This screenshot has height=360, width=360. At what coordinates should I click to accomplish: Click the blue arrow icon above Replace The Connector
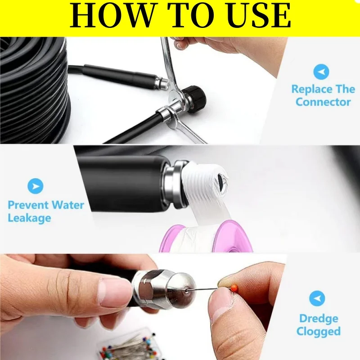coord(321,72)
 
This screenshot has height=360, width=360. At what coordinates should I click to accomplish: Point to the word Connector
coord(323,102)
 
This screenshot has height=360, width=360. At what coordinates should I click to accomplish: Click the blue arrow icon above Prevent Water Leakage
coord(36,186)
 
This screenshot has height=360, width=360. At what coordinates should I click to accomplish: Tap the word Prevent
coord(28,205)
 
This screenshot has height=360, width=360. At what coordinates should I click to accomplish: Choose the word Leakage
coord(29,218)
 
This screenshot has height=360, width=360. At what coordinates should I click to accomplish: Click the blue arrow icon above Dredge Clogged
coord(317,298)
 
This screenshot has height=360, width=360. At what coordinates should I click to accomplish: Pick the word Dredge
coord(319,319)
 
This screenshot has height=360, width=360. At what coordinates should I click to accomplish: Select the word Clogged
coord(319,332)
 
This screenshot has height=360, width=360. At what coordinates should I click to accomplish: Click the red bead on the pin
coord(234,287)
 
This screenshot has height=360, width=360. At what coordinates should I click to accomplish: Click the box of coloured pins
coord(129,344)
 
